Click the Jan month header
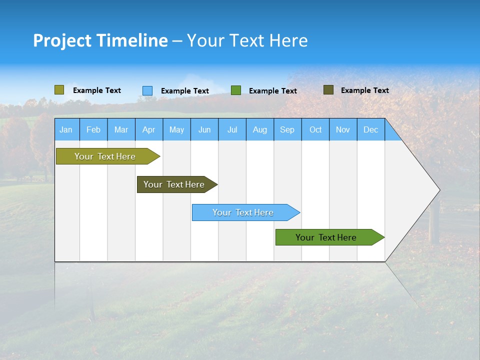pyautogui.click(x=66, y=129)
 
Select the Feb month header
pyautogui.click(x=93, y=129)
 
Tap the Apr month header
pyautogui.click(x=148, y=129)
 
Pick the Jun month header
pyautogui.click(x=204, y=129)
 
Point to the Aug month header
pyautogui.click(x=260, y=129)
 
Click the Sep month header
pyautogui.click(x=287, y=129)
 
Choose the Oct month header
pyautogui.click(x=315, y=129)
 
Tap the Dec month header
pyautogui.click(x=370, y=129)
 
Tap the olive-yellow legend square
pyautogui.click(x=59, y=90)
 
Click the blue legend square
pyautogui.click(x=147, y=90)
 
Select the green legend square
pyautogui.click(x=236, y=90)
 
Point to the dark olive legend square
pyautogui.click(x=328, y=90)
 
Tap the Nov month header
pyautogui.click(x=343, y=129)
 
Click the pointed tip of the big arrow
pyautogui.click(x=438, y=190)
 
